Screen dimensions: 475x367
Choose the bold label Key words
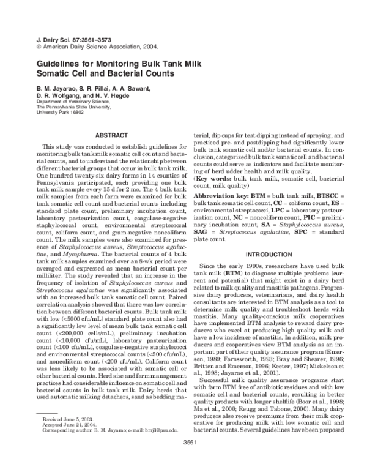point(214,177)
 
